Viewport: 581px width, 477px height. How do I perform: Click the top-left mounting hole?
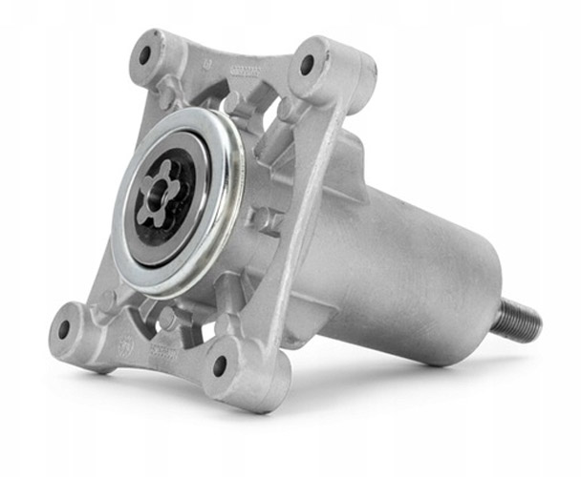[x=146, y=53]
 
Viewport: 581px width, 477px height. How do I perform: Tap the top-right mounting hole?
[x=308, y=66]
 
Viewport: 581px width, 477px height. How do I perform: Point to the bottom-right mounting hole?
[x=220, y=364]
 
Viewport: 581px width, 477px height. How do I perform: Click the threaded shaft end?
[x=519, y=319]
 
